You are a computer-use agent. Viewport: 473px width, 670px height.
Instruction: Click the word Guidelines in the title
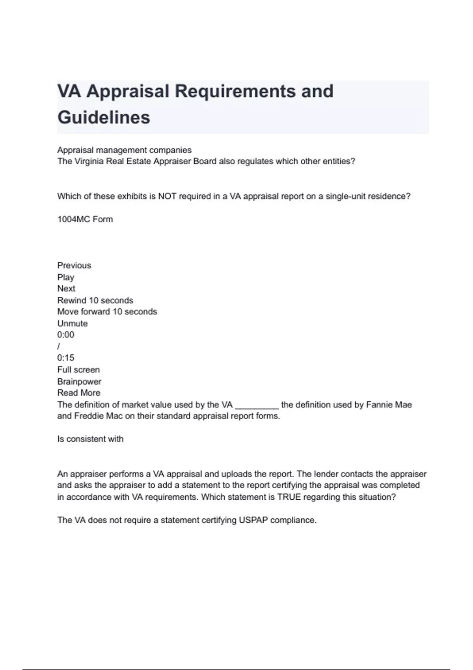(104, 117)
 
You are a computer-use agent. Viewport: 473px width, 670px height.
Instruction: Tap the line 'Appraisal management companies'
(124, 150)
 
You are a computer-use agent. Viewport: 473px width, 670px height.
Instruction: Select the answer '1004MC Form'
(85, 220)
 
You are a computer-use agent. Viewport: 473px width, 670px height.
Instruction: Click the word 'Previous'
(74, 266)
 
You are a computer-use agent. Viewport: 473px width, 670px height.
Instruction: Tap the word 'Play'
(66, 277)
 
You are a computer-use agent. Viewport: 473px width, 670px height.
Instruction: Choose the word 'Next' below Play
(66, 288)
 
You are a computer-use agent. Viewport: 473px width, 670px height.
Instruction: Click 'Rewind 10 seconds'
(95, 300)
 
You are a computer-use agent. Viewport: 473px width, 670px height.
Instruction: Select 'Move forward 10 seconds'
(107, 312)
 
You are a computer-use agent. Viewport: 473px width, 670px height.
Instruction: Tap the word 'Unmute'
(73, 324)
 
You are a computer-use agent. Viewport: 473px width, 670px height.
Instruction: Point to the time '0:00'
(66, 335)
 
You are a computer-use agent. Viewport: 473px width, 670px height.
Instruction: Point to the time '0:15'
(66, 358)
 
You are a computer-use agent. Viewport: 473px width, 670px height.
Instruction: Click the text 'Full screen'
(78, 370)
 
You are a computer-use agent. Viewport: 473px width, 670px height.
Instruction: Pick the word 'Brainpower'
(79, 382)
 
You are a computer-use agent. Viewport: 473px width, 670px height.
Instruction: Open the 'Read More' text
(79, 393)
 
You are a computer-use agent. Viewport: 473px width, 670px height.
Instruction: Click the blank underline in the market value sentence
(257, 406)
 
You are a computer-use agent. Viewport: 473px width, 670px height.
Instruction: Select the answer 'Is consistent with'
(90, 439)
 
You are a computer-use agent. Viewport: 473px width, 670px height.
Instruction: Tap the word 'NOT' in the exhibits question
(167, 196)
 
